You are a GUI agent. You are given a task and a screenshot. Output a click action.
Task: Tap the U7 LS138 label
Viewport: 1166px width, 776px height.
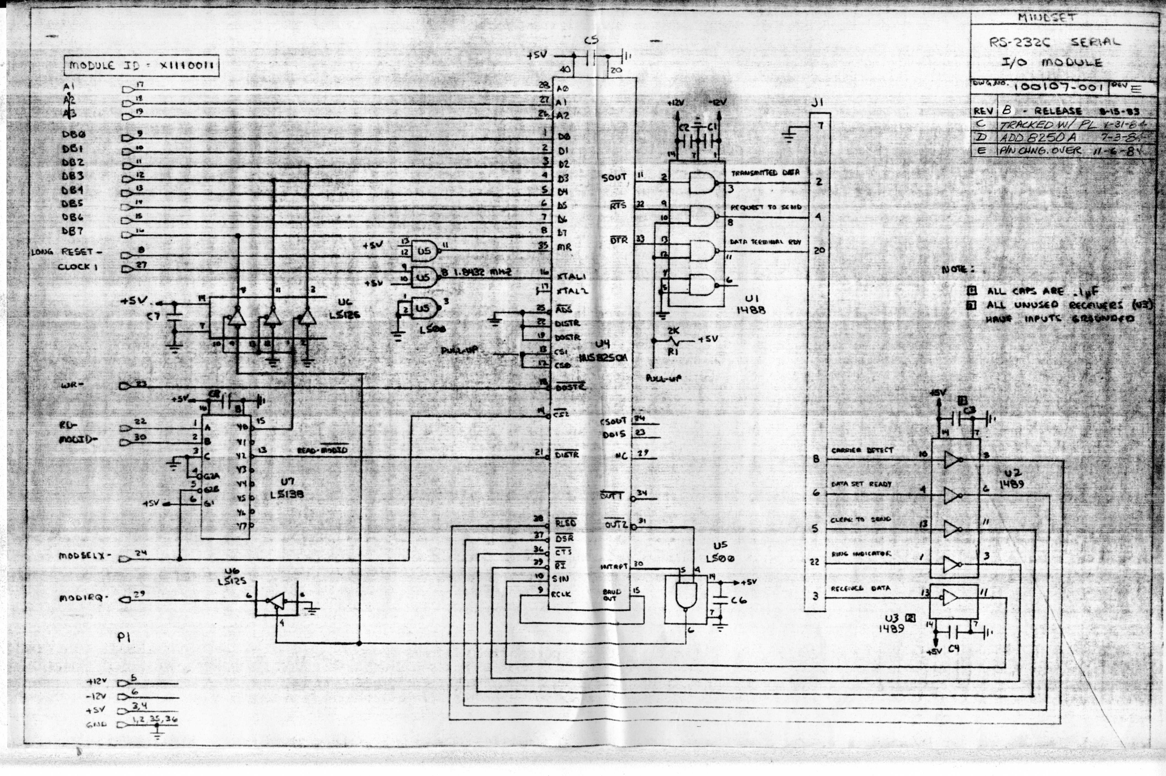click(287, 487)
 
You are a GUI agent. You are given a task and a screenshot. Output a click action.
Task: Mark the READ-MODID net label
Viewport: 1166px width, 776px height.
click(322, 450)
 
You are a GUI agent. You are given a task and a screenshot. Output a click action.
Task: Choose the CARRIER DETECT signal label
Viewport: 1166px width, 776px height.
click(862, 450)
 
